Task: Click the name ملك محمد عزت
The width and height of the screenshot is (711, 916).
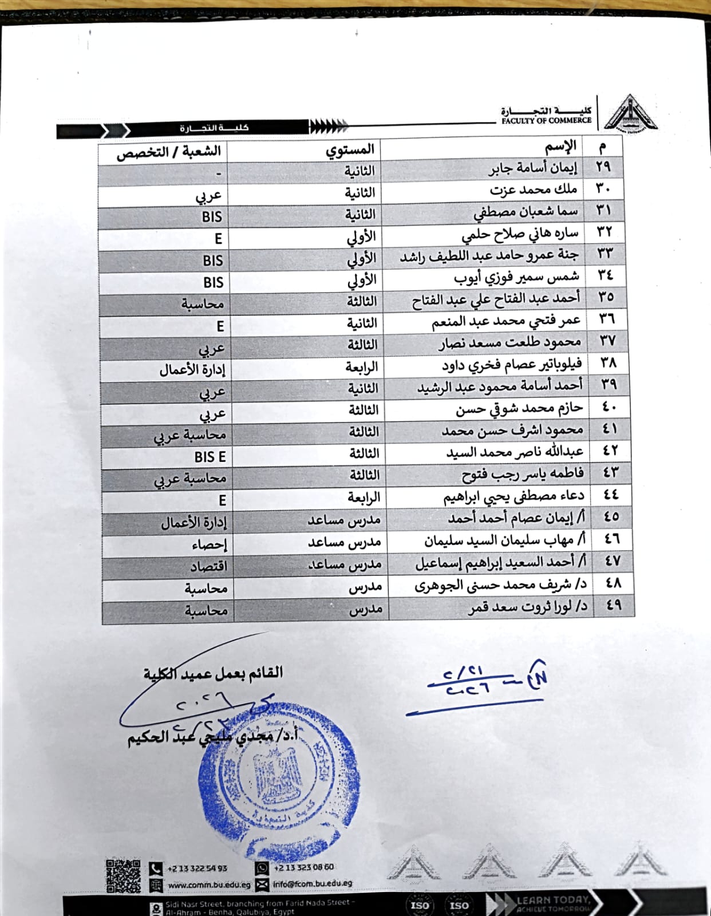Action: pyautogui.click(x=533, y=189)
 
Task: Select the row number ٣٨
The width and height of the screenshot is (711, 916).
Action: pyautogui.click(x=609, y=363)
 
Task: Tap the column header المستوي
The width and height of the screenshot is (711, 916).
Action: pyautogui.click(x=350, y=150)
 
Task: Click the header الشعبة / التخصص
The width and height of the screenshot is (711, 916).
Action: pyautogui.click(x=168, y=152)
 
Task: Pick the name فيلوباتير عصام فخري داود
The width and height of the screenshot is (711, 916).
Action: pyautogui.click(x=511, y=364)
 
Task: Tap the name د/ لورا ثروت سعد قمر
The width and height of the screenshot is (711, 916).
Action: pyautogui.click(x=528, y=607)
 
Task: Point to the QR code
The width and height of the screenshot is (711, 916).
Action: pyautogui.click(x=123, y=876)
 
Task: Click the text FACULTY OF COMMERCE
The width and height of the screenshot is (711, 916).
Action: pyautogui.click(x=546, y=121)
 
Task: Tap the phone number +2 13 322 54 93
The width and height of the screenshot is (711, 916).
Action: pyautogui.click(x=197, y=868)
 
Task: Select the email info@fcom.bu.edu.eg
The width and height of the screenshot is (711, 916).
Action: pyautogui.click(x=312, y=884)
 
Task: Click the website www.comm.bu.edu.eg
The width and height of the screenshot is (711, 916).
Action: pyautogui.click(x=209, y=885)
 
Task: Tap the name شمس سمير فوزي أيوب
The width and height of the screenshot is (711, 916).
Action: pyautogui.click(x=516, y=278)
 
